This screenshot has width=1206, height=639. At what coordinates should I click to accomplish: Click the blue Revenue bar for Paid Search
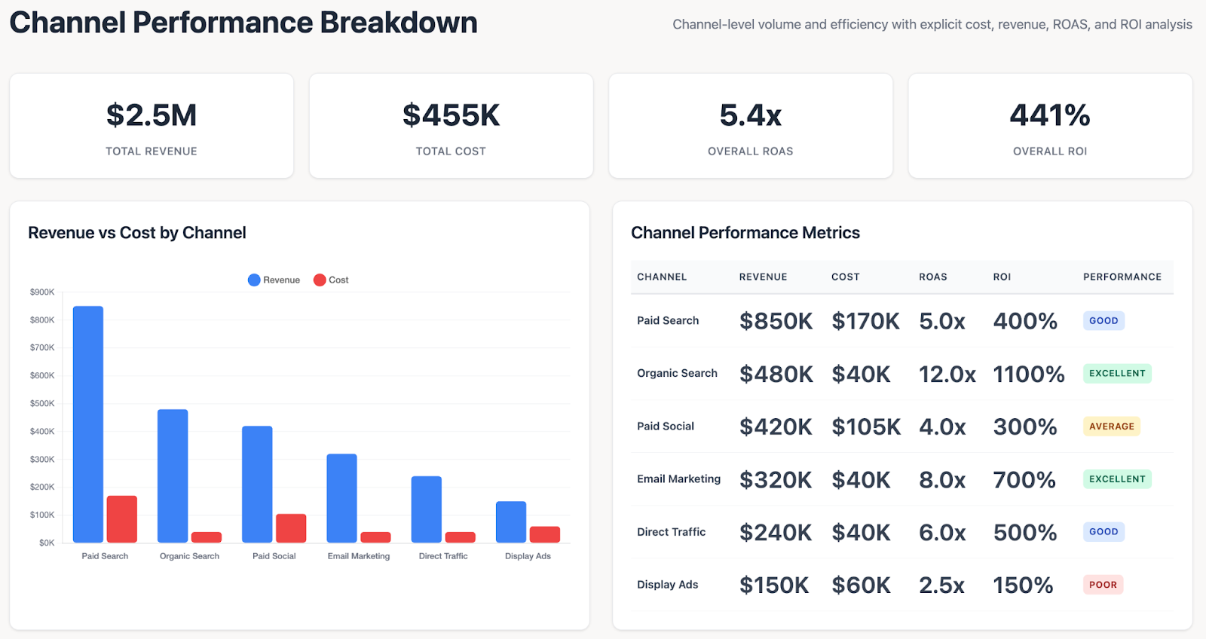coord(88,424)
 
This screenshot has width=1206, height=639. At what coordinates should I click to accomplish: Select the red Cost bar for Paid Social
coord(291,528)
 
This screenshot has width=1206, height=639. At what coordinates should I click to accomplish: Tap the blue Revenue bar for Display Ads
coord(511,521)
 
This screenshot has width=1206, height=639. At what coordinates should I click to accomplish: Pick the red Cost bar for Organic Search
coord(207,537)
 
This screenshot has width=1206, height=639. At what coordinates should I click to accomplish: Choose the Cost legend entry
coord(331,280)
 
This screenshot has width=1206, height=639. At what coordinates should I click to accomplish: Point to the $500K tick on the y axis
coord(42,403)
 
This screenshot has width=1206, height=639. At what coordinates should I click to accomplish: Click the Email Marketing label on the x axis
coord(359,556)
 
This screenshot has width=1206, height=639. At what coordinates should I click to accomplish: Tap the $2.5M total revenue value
coord(152,115)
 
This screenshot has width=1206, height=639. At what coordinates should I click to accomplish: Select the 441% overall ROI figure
coord(1050,115)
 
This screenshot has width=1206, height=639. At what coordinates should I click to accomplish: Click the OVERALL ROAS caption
coord(750,151)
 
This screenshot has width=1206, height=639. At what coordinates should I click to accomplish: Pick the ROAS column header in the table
coord(932,277)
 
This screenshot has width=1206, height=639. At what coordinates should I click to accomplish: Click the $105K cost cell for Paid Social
coord(866,427)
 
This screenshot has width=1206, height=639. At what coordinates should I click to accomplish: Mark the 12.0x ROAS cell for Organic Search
coord(947,374)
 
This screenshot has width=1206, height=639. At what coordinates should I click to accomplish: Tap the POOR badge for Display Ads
coord(1103,585)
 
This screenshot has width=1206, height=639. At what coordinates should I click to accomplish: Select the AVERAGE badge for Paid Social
coord(1111,427)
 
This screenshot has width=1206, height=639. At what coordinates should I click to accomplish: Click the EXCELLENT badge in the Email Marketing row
coord(1117,479)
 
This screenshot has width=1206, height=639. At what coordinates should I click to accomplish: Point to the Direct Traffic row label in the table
coord(671,532)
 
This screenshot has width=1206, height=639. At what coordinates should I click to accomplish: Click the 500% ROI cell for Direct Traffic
coord(1024,532)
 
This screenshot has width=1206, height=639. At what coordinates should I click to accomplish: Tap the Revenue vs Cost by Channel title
coord(137,233)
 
